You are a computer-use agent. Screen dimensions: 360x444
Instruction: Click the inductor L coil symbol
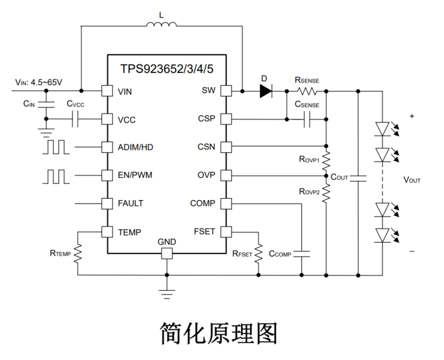click(162, 25)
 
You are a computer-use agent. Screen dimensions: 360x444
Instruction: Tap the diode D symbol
click(265, 91)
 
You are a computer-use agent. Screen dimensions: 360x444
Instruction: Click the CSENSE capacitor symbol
click(307, 119)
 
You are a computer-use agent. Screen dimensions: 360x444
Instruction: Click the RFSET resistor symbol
click(259, 253)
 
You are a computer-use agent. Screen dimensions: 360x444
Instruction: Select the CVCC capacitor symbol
click(75, 119)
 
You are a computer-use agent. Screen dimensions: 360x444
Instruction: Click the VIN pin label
click(125, 91)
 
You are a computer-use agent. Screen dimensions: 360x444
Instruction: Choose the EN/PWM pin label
click(134, 175)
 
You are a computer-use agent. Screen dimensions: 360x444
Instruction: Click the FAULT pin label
click(130, 203)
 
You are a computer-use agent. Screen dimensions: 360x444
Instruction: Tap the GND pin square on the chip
click(167, 253)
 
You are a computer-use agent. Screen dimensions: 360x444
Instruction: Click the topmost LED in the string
click(382, 128)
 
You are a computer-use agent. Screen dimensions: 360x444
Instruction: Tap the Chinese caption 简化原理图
click(219, 332)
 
